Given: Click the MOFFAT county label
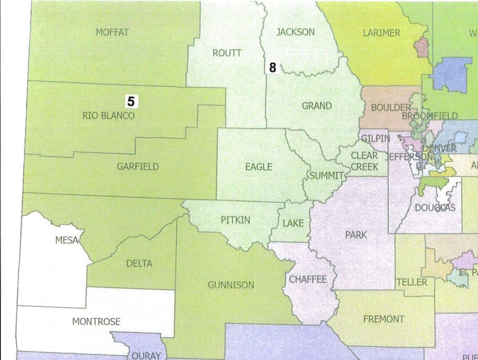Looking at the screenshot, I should (x=112, y=32).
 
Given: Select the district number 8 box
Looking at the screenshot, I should (x=273, y=68).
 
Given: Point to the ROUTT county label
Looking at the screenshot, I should (x=227, y=53).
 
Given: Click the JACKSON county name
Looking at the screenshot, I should (x=295, y=32).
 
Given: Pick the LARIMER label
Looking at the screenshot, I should (x=381, y=33).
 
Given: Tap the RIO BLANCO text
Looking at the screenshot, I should (x=108, y=116).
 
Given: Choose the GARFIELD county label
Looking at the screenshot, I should (x=138, y=166).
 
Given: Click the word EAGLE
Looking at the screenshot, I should (x=259, y=166).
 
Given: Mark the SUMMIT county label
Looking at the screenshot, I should (x=326, y=176).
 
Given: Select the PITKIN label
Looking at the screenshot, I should (x=236, y=219).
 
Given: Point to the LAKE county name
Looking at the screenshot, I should (x=293, y=223).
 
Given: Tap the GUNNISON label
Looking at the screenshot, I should (x=231, y=285).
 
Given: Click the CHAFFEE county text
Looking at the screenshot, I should (x=308, y=279).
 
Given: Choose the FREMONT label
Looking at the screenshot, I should (x=384, y=319).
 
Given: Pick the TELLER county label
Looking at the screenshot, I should (x=412, y=282).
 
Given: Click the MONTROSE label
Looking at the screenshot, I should (x=96, y=322).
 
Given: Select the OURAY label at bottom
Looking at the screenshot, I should (x=146, y=355).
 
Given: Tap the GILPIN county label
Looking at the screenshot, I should (x=375, y=138).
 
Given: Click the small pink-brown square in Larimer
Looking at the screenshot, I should (x=422, y=48).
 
